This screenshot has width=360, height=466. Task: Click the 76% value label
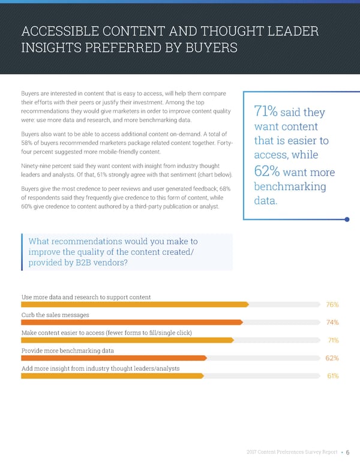[332, 304]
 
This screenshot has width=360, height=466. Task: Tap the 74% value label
[332, 322]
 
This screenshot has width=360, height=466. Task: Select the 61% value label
[332, 377]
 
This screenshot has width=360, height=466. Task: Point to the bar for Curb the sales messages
[132, 322]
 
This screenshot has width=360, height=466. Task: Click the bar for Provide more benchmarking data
[114, 358]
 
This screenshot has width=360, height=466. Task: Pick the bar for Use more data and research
[135, 304]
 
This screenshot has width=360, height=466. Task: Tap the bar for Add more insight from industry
[113, 376]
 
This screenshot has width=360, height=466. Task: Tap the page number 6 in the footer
[348, 453]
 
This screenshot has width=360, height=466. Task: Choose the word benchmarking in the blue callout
[290, 187]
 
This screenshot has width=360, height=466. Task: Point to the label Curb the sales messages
[55, 315]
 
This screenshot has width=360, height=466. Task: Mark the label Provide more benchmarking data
[67, 350]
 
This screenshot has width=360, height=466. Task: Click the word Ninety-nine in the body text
[38, 165]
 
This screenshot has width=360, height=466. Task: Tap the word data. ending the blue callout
[266, 202]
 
